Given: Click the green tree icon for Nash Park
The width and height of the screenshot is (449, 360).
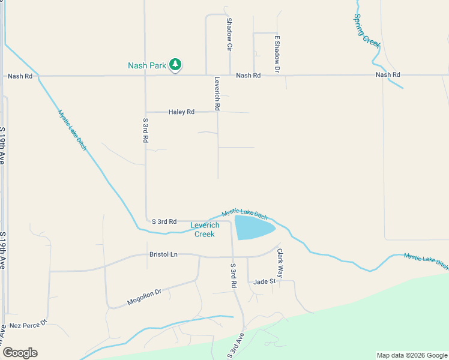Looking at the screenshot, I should (175, 64).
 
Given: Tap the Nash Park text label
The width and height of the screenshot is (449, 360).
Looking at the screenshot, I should (146, 65).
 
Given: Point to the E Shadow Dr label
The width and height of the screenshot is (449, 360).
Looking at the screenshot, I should (277, 54).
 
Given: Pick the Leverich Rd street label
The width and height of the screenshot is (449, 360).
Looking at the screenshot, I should (217, 93).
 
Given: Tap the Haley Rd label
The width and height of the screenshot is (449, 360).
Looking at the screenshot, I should (181, 112).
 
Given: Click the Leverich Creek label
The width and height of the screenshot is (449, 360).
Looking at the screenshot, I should (205, 229).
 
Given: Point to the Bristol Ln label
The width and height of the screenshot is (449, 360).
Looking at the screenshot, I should (163, 254).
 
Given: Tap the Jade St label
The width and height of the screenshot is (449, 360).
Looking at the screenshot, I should (264, 281).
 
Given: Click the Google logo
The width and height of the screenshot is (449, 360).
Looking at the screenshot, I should (20, 353).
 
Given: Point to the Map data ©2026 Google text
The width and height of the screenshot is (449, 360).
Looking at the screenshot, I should (411, 355).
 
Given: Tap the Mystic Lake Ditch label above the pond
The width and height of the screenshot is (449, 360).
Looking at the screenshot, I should (244, 213).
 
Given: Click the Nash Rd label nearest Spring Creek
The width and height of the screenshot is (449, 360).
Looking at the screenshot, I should (387, 74).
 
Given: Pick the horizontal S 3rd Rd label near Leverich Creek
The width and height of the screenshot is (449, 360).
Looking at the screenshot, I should (164, 221).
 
